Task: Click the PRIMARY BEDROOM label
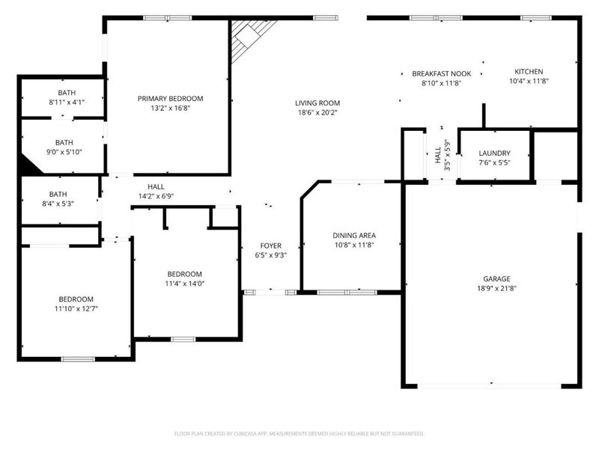170,98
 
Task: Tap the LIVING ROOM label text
317,103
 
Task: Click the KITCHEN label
529,72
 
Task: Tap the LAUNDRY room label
494,153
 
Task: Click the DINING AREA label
354,235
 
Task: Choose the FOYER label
270,245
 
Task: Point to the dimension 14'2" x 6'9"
156,196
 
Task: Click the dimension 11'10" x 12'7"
76,308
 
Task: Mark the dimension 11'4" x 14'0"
184,284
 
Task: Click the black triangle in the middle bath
30,166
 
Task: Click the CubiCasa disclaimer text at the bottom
299,433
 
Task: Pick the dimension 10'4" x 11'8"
529,81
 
